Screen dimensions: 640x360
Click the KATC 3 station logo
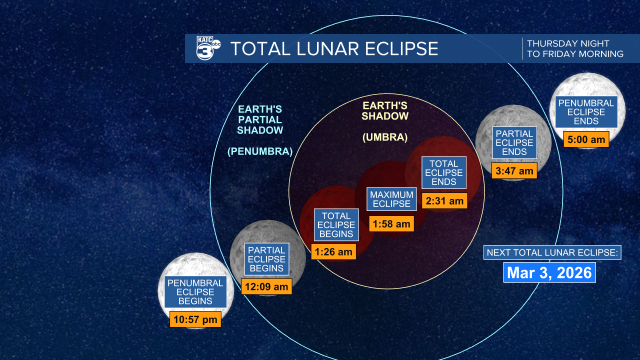[x=208, y=48]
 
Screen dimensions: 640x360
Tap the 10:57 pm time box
[x=195, y=319]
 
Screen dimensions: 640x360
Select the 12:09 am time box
[x=266, y=286]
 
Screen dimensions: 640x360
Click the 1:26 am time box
[x=333, y=251]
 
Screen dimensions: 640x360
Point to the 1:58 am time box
[x=391, y=223]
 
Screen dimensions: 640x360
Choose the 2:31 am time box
[x=444, y=200]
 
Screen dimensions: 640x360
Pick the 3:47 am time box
[x=514, y=170]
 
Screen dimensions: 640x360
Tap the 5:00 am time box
[x=586, y=139]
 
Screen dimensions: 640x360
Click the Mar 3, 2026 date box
[x=549, y=272]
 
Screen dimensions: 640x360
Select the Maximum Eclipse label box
[x=391, y=199]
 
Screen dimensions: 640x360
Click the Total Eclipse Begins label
[x=336, y=225]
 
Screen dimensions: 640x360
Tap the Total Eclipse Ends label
[x=444, y=172]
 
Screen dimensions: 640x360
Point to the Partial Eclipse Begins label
[x=266, y=259]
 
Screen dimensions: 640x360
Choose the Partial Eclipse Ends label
[x=514, y=142]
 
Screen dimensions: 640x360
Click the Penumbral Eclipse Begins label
[x=195, y=291]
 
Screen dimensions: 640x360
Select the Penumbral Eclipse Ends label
[x=586, y=111]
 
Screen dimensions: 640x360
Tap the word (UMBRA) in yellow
[x=385, y=137]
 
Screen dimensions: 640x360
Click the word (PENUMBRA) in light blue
[x=260, y=151]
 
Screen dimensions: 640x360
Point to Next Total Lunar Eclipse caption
[x=552, y=252]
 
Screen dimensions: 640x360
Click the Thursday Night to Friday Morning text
[x=575, y=48]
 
